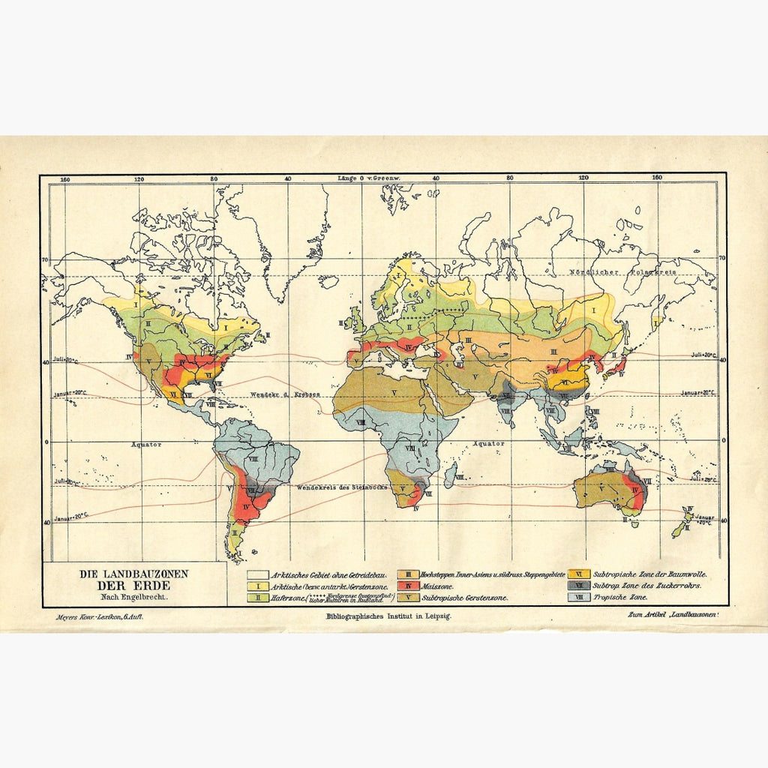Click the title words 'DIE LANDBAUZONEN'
click(x=135, y=574)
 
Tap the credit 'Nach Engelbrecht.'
click(x=134, y=597)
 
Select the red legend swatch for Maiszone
click(x=408, y=586)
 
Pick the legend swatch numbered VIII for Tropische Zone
click(x=577, y=598)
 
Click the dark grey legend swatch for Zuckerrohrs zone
click(x=577, y=586)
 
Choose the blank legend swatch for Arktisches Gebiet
click(x=258, y=574)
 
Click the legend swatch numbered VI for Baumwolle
click(x=577, y=574)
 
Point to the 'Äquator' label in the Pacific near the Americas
click(x=146, y=445)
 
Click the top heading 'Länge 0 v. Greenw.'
click(x=370, y=178)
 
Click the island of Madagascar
click(x=450, y=475)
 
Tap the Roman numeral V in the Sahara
click(x=393, y=392)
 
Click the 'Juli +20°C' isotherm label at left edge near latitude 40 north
click(x=65, y=358)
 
